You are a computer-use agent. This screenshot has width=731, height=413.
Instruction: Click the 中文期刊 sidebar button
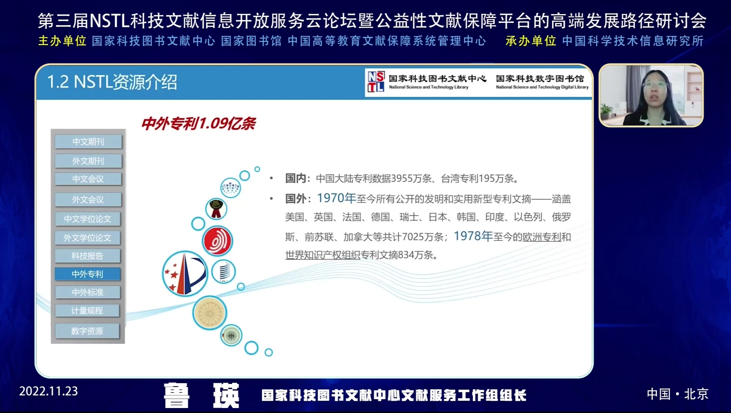88,141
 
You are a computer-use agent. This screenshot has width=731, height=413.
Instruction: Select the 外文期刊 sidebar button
88,161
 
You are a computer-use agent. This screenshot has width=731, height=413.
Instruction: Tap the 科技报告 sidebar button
88,256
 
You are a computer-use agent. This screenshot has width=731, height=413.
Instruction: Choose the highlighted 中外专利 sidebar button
88,274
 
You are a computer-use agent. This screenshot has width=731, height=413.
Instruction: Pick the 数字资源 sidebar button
87,331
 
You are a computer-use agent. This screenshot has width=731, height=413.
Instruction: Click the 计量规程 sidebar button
87,311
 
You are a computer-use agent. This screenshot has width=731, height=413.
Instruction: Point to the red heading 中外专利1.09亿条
199,124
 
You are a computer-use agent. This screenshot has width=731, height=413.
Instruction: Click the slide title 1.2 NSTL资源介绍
112,82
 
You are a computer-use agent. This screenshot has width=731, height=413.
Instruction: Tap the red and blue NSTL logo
376,82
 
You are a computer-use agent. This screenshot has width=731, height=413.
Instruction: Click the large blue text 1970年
336,198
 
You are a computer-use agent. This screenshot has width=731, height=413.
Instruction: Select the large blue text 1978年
473,236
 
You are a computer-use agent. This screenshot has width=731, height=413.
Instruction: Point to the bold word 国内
296,178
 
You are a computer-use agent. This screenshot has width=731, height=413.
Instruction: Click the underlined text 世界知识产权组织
323,255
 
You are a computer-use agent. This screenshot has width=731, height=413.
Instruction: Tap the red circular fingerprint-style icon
217,241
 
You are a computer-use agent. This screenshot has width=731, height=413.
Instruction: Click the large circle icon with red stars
185,273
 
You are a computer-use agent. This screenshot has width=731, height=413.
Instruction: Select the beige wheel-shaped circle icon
210,313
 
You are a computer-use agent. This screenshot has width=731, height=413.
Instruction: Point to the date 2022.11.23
49,391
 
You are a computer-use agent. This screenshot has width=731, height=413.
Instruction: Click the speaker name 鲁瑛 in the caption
202,395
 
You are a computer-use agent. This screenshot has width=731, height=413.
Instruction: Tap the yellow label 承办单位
530,41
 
